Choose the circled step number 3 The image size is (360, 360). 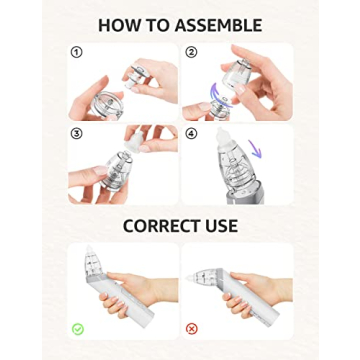pos(75,131)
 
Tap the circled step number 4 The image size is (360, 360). pos(190,131)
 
